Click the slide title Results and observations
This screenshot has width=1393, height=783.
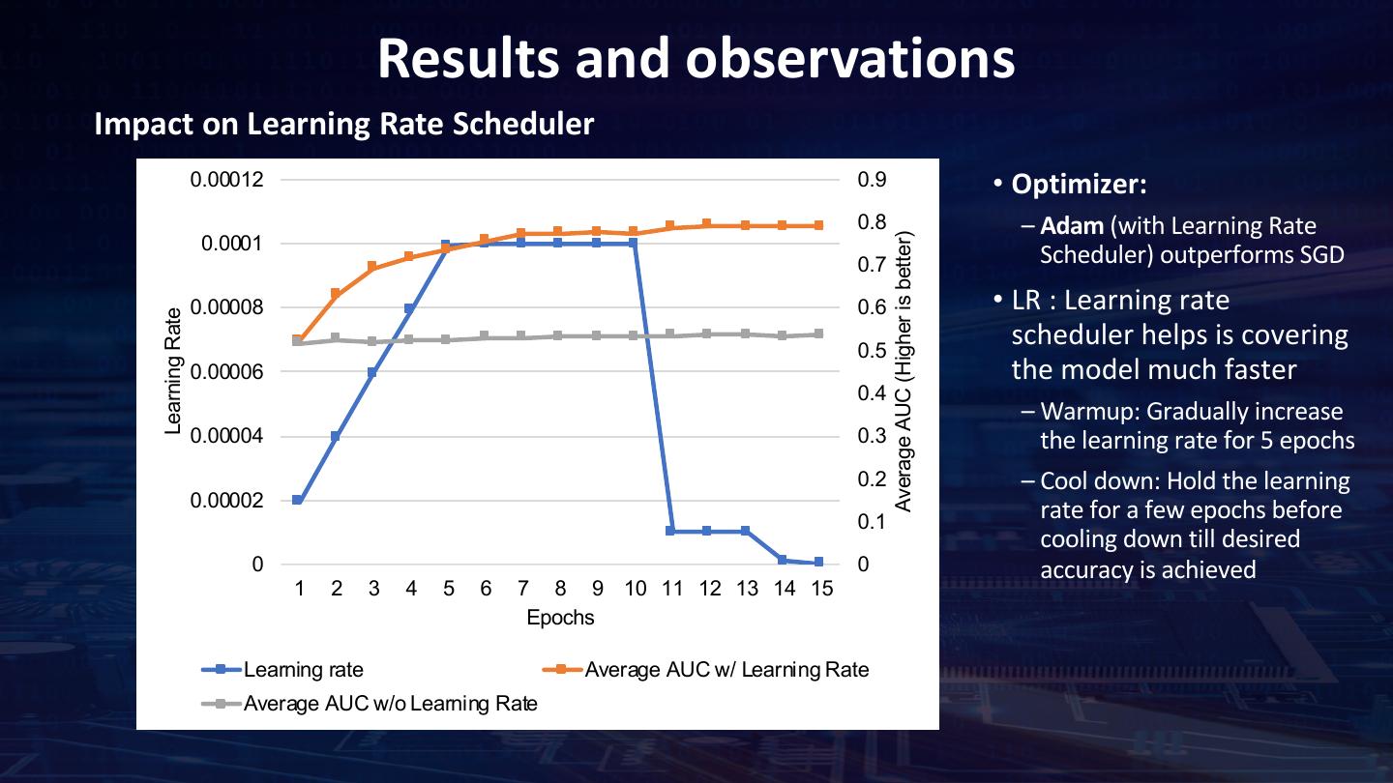coord(696,58)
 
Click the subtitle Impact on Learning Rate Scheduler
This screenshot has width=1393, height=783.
coord(343,125)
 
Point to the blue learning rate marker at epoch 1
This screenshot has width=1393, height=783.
coord(298,500)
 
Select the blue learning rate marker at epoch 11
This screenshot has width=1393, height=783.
coord(670,531)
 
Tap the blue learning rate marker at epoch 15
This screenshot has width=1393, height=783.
coord(819,562)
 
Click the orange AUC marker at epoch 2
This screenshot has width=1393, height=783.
coord(336,293)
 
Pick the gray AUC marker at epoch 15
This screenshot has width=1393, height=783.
coord(819,333)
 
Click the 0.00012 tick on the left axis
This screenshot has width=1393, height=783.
coord(231,180)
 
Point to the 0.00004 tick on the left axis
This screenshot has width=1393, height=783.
coord(231,437)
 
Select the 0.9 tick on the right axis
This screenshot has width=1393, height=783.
coord(870,180)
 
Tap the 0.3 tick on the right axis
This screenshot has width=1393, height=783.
coord(870,436)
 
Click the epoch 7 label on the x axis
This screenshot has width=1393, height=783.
coord(522,589)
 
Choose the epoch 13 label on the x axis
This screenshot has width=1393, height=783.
coord(747,589)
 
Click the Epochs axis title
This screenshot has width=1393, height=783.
coord(560,617)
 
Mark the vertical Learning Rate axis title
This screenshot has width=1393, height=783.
coord(174,371)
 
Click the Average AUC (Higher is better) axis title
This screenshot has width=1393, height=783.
coord(904,371)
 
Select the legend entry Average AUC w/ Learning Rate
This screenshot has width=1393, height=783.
coord(726,670)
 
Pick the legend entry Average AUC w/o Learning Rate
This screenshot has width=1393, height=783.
coord(390,703)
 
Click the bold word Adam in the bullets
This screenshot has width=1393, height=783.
coord(1072,226)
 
